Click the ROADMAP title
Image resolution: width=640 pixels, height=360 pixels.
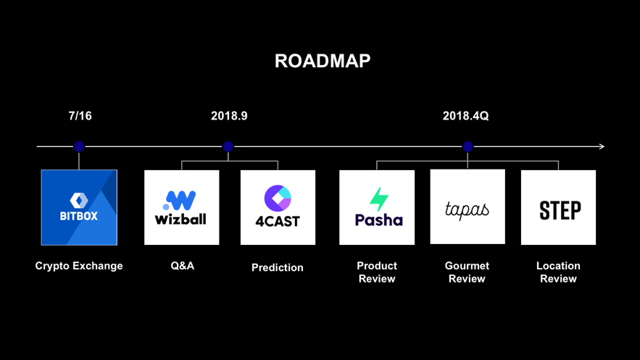point(323,61)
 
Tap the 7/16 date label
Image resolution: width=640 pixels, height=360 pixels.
point(80,116)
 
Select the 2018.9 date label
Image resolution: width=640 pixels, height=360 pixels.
point(229,116)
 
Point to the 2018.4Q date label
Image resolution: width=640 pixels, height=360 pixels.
point(466,116)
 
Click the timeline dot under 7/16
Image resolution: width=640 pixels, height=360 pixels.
point(79,146)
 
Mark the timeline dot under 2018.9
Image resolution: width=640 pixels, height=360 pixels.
point(228,146)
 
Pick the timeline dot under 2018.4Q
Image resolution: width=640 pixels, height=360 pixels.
point(467,146)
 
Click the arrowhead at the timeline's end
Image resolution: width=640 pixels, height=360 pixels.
point(602,146)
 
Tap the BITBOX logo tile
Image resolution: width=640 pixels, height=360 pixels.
point(79,207)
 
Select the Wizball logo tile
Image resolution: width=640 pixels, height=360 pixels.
point(182,207)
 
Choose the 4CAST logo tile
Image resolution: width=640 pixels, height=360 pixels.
point(278,207)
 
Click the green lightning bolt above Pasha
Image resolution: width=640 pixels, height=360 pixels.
point(379,199)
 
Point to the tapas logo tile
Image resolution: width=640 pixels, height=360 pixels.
point(467,206)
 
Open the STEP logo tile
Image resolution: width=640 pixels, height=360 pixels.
point(558,207)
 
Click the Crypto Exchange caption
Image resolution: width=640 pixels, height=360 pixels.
point(79,266)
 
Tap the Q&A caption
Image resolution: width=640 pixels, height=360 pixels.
point(183,266)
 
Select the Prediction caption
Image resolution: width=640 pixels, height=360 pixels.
point(278,267)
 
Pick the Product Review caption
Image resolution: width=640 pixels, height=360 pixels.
point(377,272)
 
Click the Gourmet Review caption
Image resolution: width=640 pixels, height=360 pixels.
point(467,272)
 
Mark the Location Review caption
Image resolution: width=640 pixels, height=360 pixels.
point(558,272)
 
